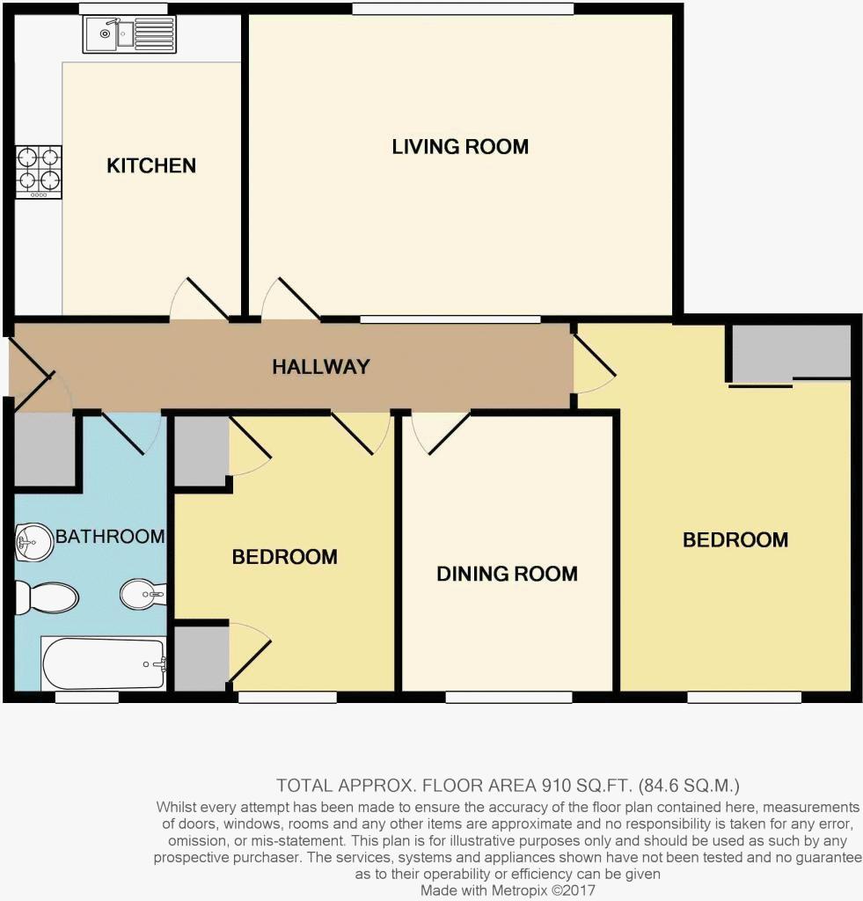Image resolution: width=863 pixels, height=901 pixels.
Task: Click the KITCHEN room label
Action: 151,165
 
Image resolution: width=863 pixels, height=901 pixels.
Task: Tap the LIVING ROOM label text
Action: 460,147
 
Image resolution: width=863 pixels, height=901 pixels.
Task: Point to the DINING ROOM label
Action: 507,575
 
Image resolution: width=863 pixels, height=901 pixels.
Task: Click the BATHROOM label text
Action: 110,537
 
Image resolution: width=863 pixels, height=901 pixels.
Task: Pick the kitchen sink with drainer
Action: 129,34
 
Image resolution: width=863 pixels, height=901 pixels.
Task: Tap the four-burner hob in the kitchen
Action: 39,171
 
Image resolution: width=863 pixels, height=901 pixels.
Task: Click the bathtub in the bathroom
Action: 104,664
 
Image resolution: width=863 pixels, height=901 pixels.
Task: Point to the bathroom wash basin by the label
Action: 33,541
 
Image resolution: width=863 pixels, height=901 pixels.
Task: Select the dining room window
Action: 508,698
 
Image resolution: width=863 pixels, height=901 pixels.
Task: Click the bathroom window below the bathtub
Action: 87,698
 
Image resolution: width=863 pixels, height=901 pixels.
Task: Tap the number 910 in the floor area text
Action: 539,785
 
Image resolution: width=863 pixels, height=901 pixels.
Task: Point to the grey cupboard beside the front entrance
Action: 44,450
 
